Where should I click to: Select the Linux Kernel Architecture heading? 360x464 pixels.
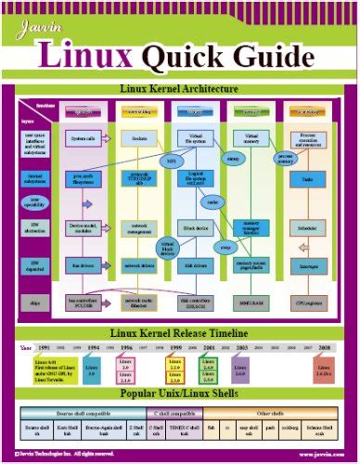(180, 90)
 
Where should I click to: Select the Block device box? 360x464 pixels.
(196, 224)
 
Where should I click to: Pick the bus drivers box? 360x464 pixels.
(83, 265)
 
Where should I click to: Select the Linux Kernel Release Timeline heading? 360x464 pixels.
(180, 333)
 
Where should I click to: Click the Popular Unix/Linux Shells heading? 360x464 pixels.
(180, 393)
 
